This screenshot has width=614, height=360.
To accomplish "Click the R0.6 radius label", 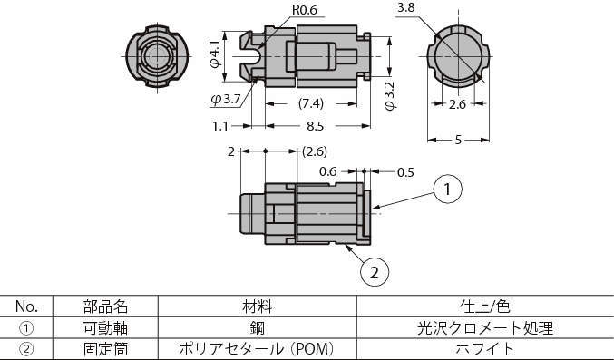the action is tap(305, 9).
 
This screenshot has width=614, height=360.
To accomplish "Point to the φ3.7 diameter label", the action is tap(226, 99).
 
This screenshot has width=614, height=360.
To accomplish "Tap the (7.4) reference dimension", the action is tap(311, 103).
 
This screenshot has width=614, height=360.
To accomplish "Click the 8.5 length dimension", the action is tap(315, 126).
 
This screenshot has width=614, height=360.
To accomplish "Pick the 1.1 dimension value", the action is tap(220, 126).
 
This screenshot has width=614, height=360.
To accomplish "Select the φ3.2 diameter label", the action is tap(390, 96).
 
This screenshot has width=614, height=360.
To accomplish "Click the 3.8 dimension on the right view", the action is tap(405, 7).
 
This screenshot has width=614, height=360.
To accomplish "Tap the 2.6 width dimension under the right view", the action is tap(457, 104).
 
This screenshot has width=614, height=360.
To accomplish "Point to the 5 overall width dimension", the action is tap(459, 140).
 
